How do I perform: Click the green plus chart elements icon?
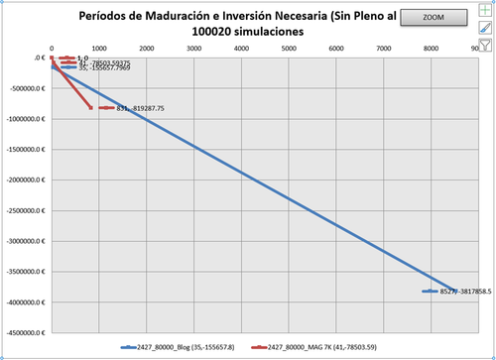click(x=485, y=11)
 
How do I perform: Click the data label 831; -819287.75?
click(x=140, y=108)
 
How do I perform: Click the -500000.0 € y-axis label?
click(x=25, y=88)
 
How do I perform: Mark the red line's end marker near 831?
click(x=91, y=108)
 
